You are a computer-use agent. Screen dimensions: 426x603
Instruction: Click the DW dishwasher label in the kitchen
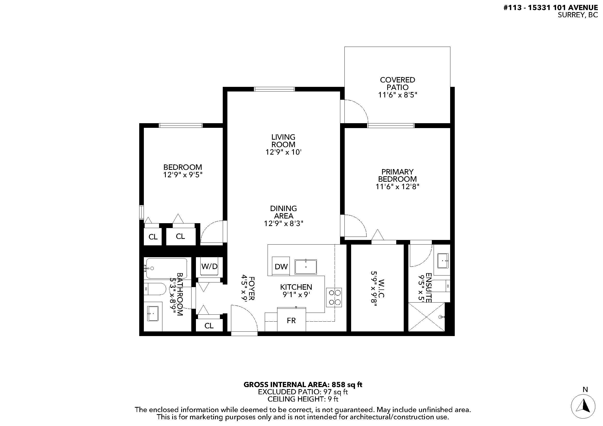(281, 267)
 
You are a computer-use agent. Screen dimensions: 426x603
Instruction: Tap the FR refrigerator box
(291, 321)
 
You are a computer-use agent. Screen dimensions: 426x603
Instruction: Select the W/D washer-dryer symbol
(209, 266)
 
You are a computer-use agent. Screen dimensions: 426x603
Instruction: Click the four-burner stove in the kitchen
(334, 297)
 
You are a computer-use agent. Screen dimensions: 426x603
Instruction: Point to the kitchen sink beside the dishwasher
(306, 267)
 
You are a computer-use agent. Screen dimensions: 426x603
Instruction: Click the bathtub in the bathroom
(167, 268)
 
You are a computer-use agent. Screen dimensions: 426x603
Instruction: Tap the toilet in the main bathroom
(155, 289)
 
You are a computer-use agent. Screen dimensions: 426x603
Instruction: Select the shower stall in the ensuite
(426, 317)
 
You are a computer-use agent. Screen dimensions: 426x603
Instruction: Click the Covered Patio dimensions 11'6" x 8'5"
(397, 95)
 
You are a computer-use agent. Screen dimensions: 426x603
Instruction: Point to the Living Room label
(283, 141)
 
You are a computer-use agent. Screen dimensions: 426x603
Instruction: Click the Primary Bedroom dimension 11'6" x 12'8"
(397, 187)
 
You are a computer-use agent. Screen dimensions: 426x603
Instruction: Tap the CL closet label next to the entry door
(209, 326)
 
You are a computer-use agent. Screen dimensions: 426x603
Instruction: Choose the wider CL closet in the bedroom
(180, 237)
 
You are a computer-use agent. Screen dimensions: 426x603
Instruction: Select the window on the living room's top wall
(275, 89)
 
